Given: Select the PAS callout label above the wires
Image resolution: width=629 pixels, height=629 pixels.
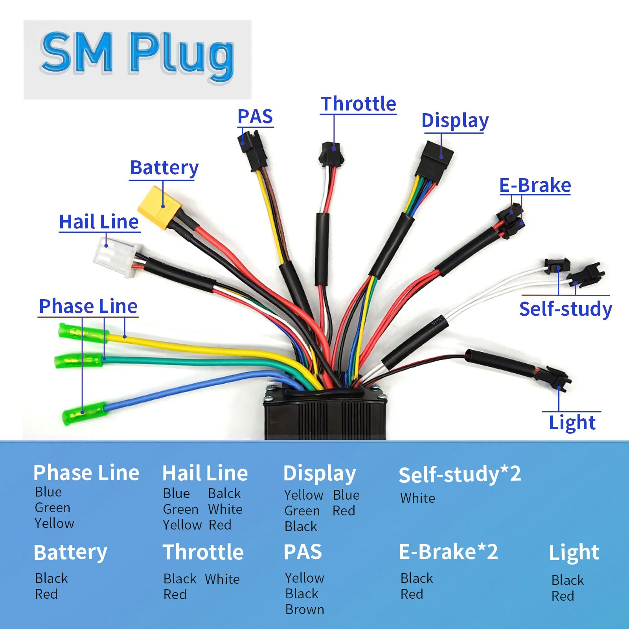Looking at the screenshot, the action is [x=255, y=116].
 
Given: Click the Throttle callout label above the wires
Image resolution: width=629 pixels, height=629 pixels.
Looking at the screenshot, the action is [x=358, y=104].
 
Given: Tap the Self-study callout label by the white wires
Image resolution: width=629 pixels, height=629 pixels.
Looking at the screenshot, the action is [x=565, y=309].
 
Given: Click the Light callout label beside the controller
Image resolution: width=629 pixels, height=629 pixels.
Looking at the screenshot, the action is [x=572, y=423].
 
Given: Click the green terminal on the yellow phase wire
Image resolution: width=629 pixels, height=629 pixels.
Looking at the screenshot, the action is [x=83, y=333].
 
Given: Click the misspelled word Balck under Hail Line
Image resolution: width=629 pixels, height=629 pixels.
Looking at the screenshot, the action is [x=224, y=493].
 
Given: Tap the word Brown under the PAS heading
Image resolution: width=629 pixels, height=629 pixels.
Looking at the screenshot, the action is [x=305, y=609].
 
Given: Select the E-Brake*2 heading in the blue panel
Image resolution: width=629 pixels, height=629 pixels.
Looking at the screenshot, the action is [x=448, y=552].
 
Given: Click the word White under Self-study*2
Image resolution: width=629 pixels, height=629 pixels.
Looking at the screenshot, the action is [x=417, y=498].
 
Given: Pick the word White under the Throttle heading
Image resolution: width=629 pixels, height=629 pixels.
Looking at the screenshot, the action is [x=222, y=579].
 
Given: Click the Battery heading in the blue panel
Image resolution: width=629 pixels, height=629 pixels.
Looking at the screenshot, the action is [x=70, y=552].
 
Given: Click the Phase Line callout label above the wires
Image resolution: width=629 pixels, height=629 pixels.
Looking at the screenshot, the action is [x=88, y=306].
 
